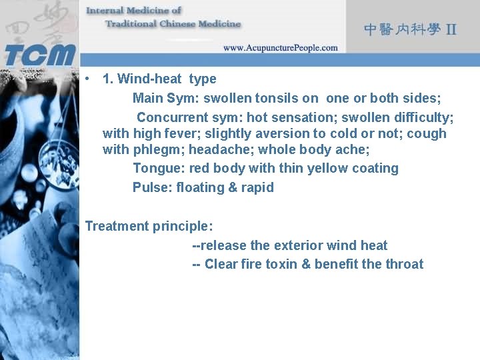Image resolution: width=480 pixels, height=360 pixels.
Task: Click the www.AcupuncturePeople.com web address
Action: point(280,48)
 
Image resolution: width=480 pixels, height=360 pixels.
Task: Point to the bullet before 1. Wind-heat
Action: point(88,79)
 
